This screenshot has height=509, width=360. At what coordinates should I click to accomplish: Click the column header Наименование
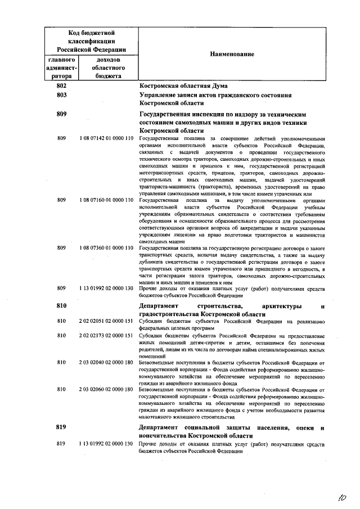pos(232,54)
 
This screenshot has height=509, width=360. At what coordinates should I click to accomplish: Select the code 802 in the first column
pos(62,85)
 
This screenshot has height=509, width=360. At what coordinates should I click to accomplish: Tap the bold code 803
pos(62,96)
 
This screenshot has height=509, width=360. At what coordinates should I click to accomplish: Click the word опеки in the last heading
pos(304,429)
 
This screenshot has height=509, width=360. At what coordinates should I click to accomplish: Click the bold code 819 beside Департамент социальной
pos(62,429)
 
